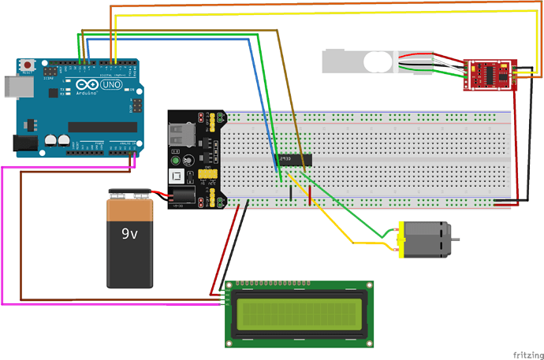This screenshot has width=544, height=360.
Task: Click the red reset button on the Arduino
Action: pos(29,64)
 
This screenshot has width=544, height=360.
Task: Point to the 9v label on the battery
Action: pos(130,233)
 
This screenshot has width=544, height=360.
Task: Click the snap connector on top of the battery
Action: pos(130,193)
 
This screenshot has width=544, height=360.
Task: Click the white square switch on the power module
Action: pos(179,178)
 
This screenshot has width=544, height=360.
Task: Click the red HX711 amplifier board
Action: pos(490,75)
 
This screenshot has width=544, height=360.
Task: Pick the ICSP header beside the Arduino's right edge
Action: pos(136,103)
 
